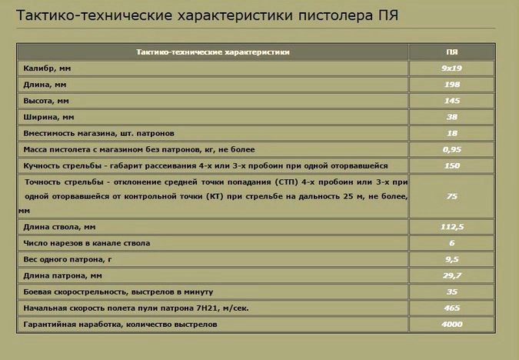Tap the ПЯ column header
tap(452, 52)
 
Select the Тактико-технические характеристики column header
tap(213, 52)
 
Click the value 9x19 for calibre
tap(452, 68)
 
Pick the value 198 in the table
tap(452, 85)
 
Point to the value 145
tap(452, 101)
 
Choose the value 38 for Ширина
tap(452, 117)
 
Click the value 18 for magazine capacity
tap(452, 133)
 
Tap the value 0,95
tap(452, 149)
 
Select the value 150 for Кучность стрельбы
tap(452, 165)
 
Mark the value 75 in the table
tap(452, 196)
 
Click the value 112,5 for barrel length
tap(452, 227)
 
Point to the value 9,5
tap(452, 260)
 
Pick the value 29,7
tap(452, 276)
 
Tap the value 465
tap(452, 308)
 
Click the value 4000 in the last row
tap(452, 325)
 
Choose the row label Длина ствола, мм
tap(59, 227)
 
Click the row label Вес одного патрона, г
tap(69, 260)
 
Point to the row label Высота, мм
tap(48, 101)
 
